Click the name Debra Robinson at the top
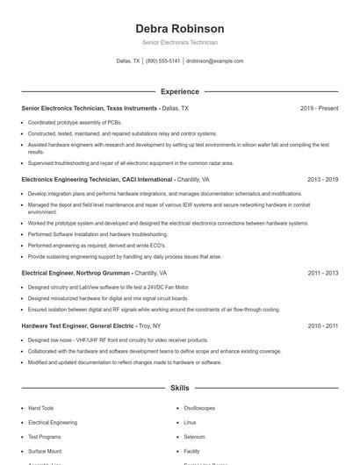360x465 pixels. (x=179, y=28)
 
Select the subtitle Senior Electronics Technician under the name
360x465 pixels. (x=179, y=42)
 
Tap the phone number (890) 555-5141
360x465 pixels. (x=162, y=61)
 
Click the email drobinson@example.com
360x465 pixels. (x=214, y=61)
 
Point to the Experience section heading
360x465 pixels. (x=179, y=91)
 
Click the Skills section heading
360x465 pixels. (x=179, y=387)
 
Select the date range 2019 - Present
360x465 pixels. (x=319, y=108)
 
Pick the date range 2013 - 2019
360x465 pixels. (x=322, y=179)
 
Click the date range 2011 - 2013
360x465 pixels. (x=322, y=273)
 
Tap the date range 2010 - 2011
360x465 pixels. (x=322, y=325)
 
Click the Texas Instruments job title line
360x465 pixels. (x=104, y=108)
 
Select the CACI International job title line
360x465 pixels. (x=115, y=179)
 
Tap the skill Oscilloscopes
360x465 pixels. (x=199, y=408)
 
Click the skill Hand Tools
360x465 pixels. (x=40, y=408)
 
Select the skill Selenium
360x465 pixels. (x=194, y=436)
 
